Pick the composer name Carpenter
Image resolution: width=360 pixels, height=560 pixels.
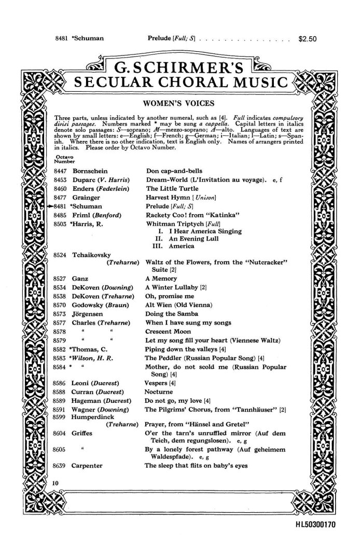[87, 465]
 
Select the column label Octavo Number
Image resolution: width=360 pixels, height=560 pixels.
[61, 158]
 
